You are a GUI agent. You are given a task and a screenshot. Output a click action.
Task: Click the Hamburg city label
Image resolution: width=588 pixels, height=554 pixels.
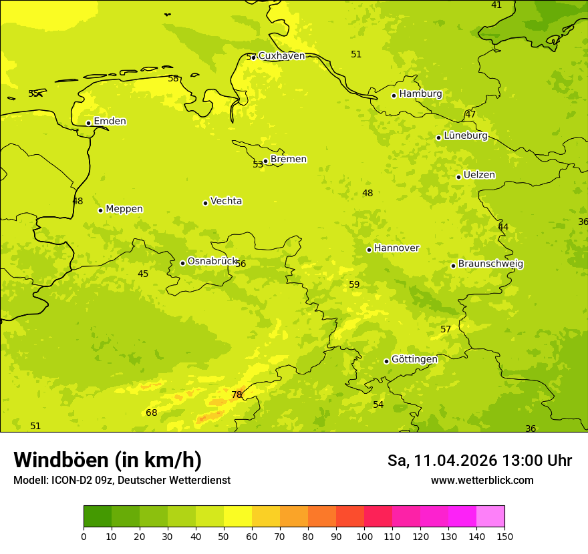click(x=420, y=94)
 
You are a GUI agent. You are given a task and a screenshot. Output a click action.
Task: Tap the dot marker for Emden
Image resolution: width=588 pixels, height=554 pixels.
click(x=88, y=123)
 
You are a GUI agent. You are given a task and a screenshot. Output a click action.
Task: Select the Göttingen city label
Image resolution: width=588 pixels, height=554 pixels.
click(x=414, y=359)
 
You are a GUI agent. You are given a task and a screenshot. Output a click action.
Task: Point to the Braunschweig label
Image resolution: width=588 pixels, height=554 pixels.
click(x=490, y=264)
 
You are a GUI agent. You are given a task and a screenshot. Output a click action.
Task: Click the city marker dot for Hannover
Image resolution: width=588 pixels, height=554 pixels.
click(x=369, y=250)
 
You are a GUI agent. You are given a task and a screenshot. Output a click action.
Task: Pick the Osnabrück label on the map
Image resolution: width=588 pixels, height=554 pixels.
click(x=212, y=261)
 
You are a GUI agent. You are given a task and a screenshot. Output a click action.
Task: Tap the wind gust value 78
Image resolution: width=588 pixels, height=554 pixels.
click(x=237, y=394)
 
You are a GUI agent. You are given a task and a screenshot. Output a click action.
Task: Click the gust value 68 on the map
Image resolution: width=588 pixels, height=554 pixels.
click(x=152, y=412)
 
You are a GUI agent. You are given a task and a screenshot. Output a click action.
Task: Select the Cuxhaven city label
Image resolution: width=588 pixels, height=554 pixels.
click(x=281, y=55)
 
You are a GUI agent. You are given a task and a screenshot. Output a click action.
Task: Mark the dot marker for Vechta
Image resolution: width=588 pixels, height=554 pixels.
click(x=205, y=203)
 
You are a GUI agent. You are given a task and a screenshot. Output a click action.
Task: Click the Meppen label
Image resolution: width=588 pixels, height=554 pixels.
click(x=124, y=209)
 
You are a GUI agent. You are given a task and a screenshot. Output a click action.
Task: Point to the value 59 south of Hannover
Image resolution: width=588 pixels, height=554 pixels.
click(x=354, y=284)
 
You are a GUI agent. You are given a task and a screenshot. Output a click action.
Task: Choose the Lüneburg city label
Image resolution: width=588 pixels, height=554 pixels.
click(x=466, y=135)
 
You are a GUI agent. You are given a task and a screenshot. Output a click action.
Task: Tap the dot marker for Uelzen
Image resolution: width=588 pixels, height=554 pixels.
click(x=458, y=177)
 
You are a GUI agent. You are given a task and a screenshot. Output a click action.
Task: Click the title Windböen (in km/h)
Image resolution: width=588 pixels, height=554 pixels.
click(x=108, y=460)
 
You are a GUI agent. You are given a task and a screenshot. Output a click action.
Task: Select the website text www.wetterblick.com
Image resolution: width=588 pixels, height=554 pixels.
click(x=482, y=480)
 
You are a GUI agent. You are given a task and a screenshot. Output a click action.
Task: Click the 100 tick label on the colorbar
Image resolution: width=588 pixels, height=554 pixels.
click(x=364, y=535)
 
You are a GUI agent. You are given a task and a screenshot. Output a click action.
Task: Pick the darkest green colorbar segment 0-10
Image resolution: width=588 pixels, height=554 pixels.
click(x=98, y=517)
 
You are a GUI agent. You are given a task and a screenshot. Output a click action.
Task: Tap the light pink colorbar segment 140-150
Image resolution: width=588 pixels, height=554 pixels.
click(x=490, y=517)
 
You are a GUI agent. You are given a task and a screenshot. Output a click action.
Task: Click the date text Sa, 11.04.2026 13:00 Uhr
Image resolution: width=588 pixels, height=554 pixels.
click(x=479, y=461)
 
